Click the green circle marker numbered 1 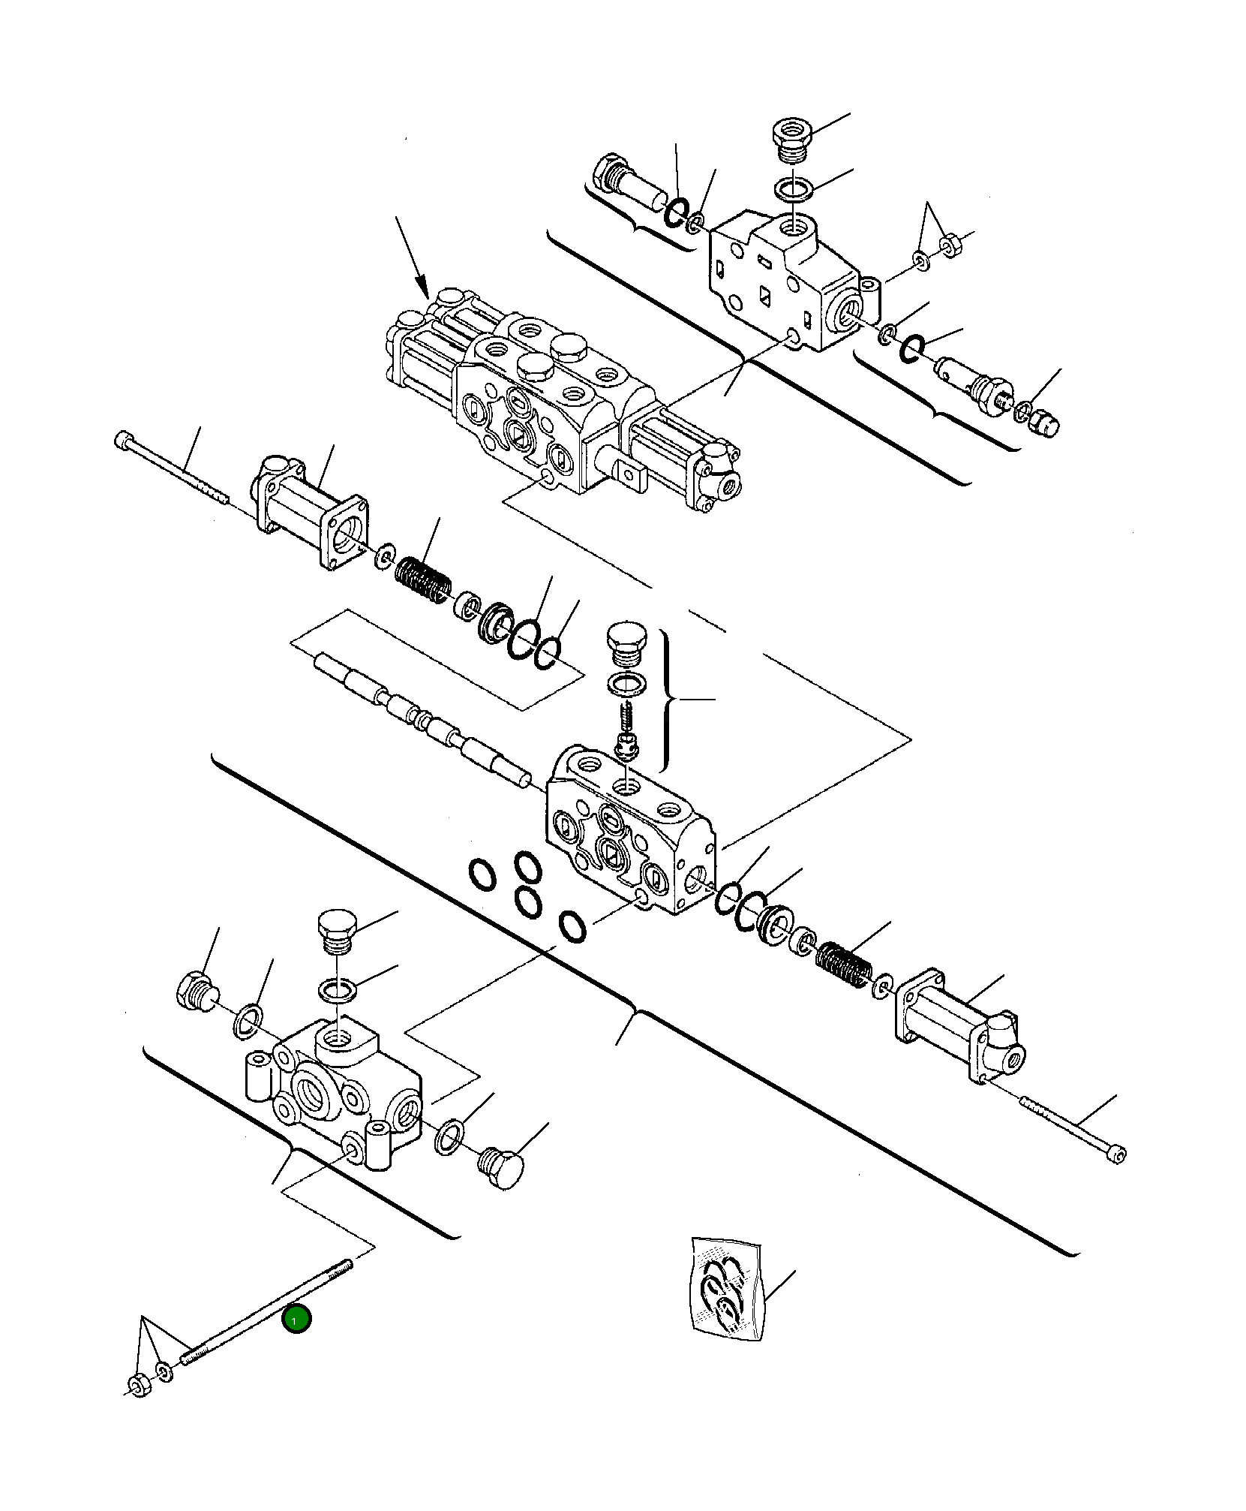[296, 1320]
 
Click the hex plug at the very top [791, 137]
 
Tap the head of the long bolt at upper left [125, 441]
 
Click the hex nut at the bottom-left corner [137, 1384]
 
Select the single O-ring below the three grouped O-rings [573, 928]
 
